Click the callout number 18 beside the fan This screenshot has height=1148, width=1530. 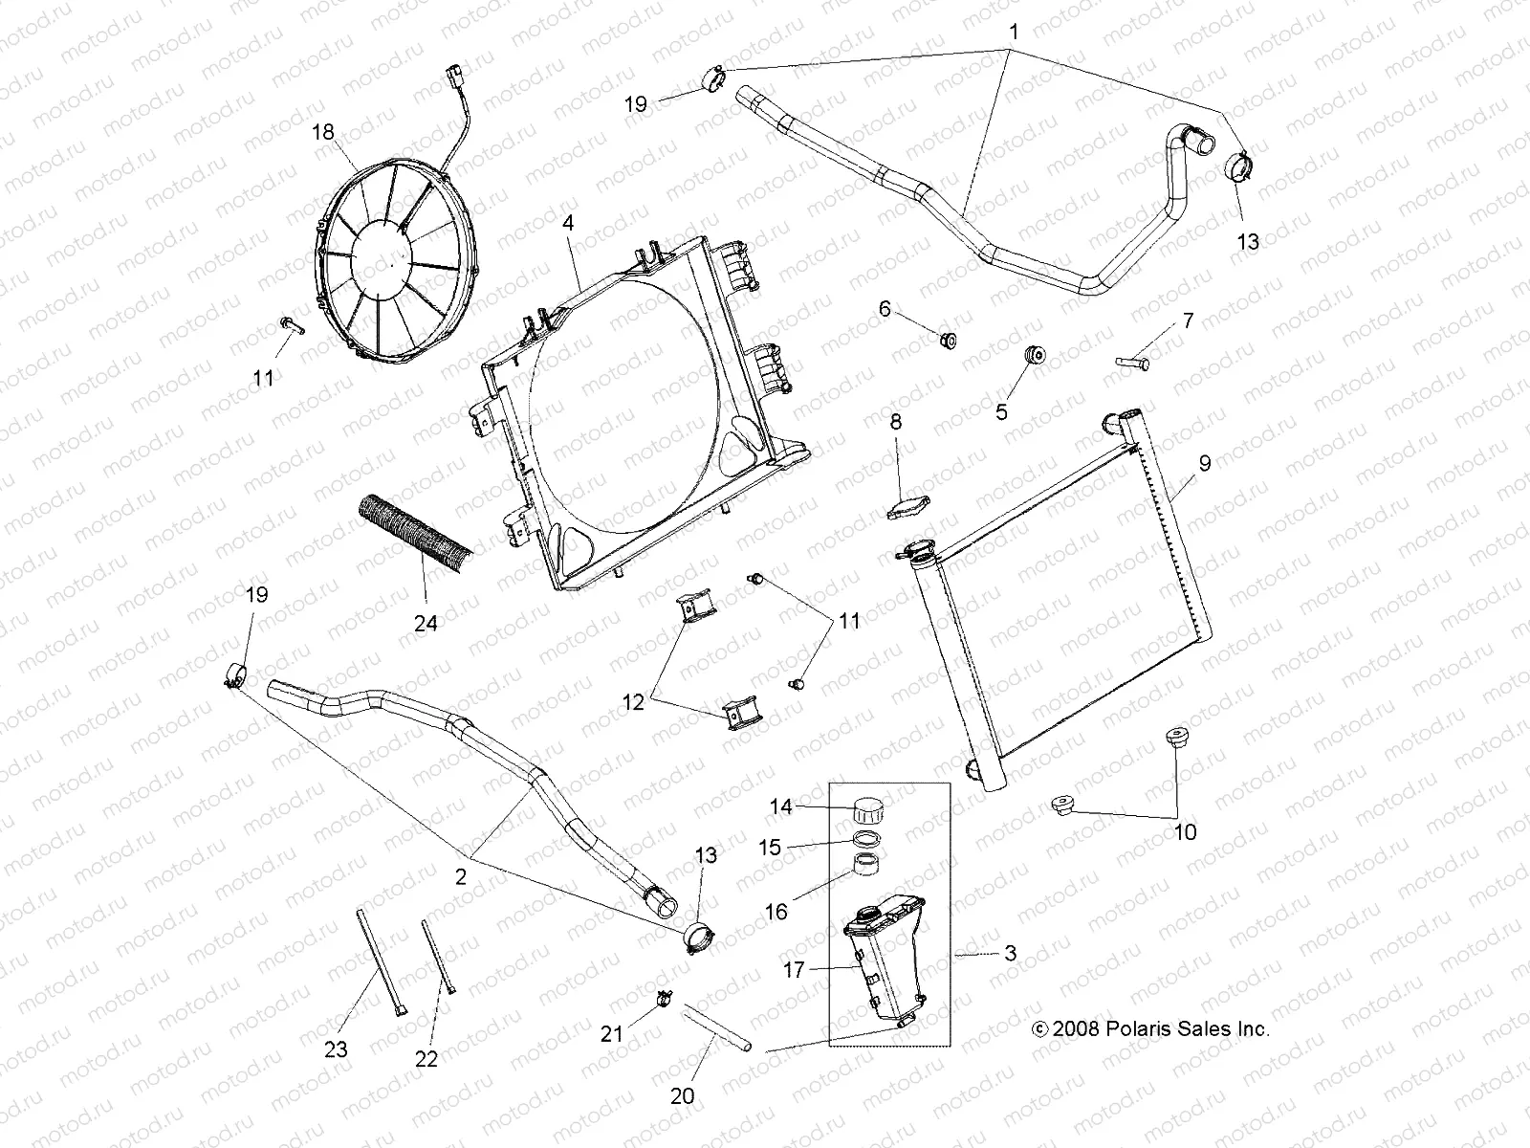click(x=324, y=132)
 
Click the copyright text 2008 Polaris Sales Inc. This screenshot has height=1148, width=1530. click(x=1151, y=1029)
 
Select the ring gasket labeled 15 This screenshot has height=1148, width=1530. click(x=866, y=839)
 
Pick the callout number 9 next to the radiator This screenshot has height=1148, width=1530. click(x=1205, y=463)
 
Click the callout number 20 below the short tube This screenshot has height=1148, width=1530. click(x=683, y=1095)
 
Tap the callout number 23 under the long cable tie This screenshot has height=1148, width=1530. click(x=336, y=1049)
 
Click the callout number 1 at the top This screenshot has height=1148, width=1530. click(x=1014, y=32)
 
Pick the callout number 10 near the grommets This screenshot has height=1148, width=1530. click(x=1185, y=832)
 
